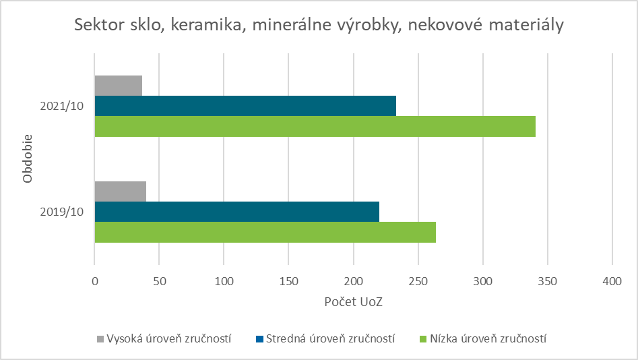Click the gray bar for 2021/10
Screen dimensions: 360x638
tap(118, 86)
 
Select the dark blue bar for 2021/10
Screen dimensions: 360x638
tap(245, 106)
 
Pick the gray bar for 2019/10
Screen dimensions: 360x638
tap(120, 191)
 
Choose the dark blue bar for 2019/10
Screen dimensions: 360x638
tap(236, 212)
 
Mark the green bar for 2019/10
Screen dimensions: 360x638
tap(265, 232)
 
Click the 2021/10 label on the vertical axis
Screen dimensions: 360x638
tap(61, 107)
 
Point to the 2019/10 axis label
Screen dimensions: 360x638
tap(61, 212)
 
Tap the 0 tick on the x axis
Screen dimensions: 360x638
tap(95, 280)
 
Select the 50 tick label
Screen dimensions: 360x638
tap(159, 280)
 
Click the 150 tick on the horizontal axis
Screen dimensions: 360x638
tap(288, 280)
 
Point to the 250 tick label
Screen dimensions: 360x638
tap(418, 280)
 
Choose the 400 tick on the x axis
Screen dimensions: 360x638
tap(612, 280)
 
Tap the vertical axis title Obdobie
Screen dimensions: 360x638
tap(28, 159)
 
